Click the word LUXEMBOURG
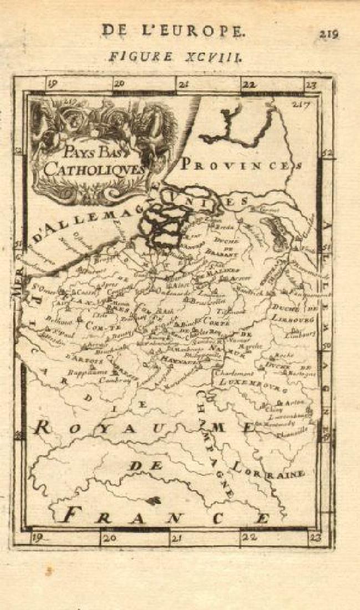pos(247,383)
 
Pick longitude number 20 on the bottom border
pos(109,537)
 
